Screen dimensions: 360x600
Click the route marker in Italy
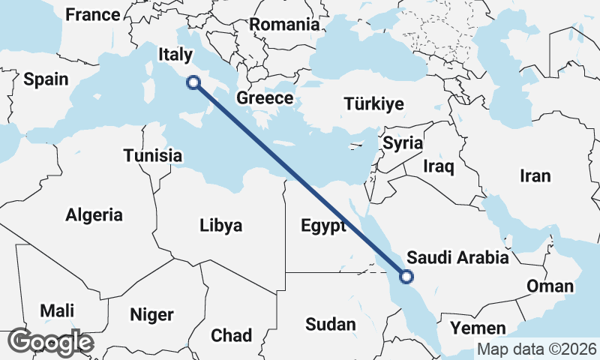(194, 83)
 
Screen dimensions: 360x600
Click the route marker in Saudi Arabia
(406, 277)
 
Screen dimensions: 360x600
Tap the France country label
(92, 14)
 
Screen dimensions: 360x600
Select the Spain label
(46, 79)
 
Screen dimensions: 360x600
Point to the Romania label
(284, 24)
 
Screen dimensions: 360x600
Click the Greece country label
(265, 98)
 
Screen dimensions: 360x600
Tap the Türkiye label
(373, 104)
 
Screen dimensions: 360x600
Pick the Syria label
(403, 142)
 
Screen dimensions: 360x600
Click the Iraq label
(439, 166)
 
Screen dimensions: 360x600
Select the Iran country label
(535, 176)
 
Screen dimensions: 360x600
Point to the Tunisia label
(153, 156)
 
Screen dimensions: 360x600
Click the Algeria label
(94, 215)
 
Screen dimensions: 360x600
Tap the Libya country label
(221, 225)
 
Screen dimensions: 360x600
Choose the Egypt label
(322, 226)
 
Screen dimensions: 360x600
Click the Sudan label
(330, 324)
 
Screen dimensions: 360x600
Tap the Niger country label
(151, 314)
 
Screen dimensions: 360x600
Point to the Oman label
(550, 286)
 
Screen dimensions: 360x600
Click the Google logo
(50, 342)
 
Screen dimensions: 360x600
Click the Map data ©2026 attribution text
(536, 349)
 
